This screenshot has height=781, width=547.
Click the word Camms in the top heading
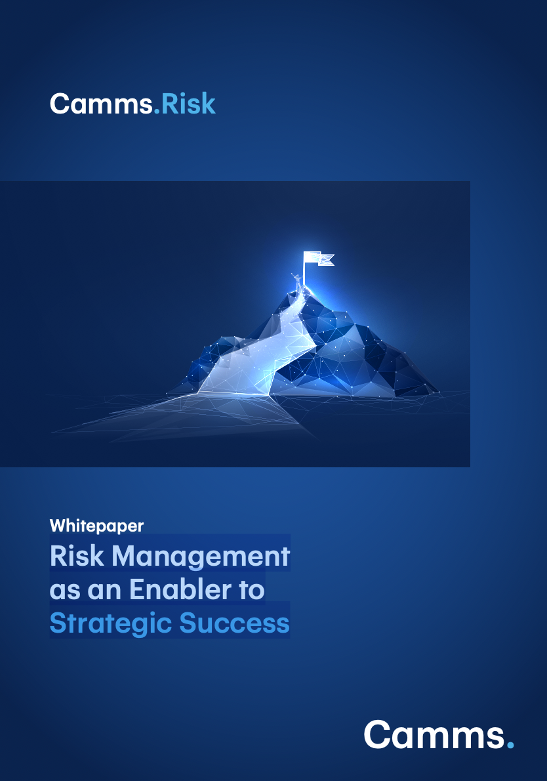[x=101, y=104]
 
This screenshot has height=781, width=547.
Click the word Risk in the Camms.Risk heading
[x=188, y=104]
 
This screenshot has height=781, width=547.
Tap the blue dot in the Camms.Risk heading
[x=156, y=112]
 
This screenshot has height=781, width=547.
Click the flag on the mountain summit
[x=319, y=259]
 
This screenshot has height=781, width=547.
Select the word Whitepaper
[x=96, y=526]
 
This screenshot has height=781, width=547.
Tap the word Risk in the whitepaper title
[x=77, y=556]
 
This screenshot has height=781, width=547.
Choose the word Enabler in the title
[x=180, y=589]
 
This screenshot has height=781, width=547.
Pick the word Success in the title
[x=234, y=623]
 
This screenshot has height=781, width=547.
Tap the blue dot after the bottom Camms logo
[x=510, y=745]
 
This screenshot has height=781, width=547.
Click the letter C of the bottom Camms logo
[x=379, y=734]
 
